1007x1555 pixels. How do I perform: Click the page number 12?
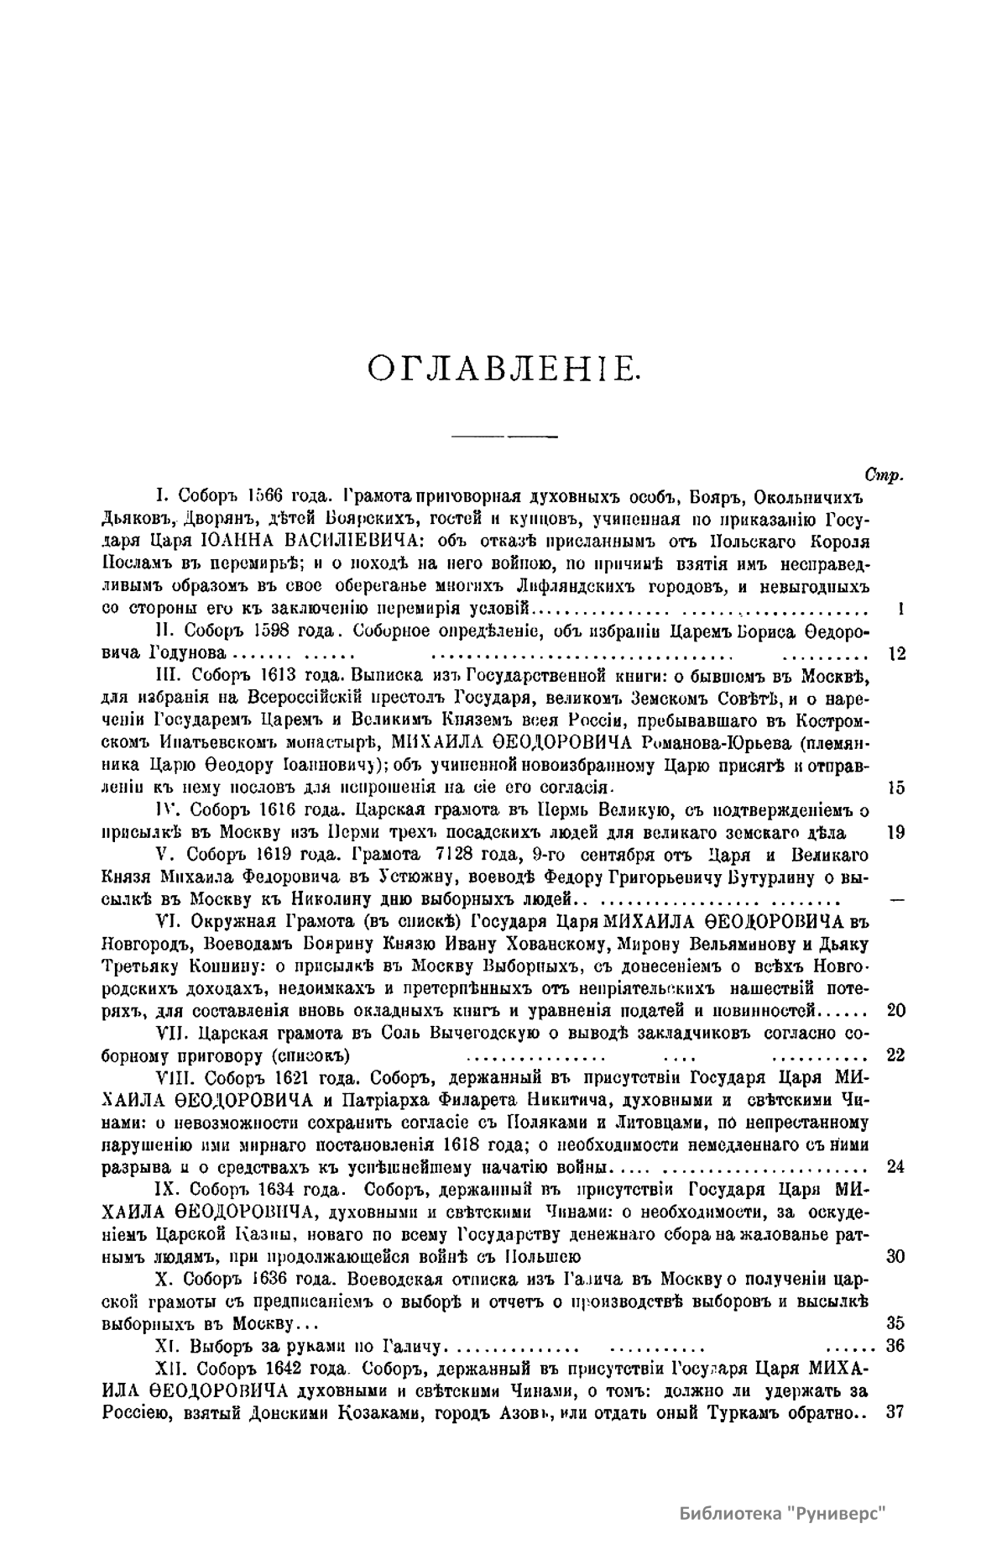pyautogui.click(x=895, y=654)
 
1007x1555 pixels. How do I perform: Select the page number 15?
pyautogui.click(x=895, y=788)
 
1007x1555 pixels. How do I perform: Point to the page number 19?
pyautogui.click(x=895, y=832)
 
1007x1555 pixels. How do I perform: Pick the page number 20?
pyautogui.click(x=895, y=1010)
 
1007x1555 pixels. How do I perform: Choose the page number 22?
pyautogui.click(x=895, y=1055)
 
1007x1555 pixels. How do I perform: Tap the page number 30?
pyautogui.click(x=895, y=1256)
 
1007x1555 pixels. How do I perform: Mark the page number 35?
pyautogui.click(x=895, y=1323)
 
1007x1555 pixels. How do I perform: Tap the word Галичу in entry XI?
pyautogui.click(x=410, y=1346)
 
